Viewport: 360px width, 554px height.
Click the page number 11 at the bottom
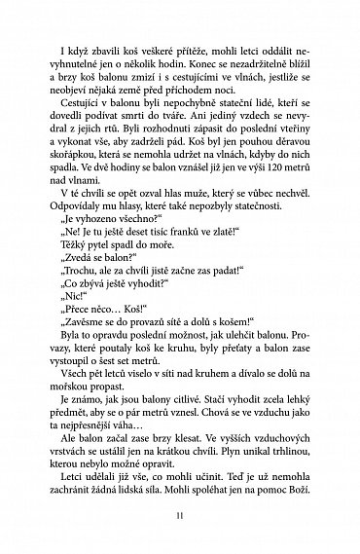[179, 527]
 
